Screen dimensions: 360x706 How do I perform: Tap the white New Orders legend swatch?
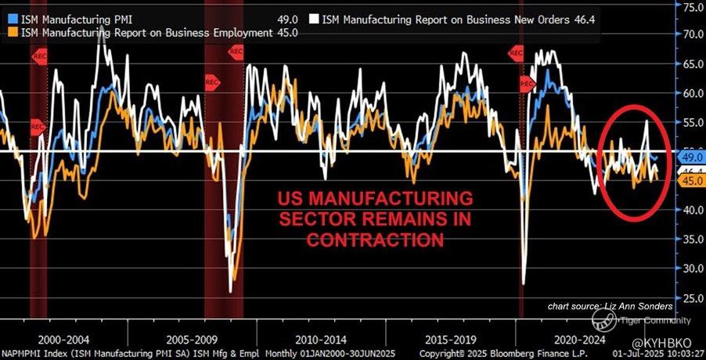314,17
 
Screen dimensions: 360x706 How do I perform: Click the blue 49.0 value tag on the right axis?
691,157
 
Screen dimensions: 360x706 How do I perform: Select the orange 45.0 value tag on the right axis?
691,181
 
